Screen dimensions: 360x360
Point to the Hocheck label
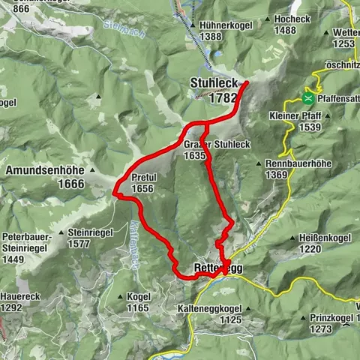[x=292, y=18]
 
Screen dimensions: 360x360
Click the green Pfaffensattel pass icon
[x=307, y=97]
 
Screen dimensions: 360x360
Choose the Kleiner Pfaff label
[x=292, y=116]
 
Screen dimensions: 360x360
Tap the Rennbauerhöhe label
[x=298, y=163]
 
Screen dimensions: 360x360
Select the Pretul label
[x=142, y=178]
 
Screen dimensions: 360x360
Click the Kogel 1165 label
[x=139, y=297]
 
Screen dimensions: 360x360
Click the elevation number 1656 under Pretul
[x=142, y=188]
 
